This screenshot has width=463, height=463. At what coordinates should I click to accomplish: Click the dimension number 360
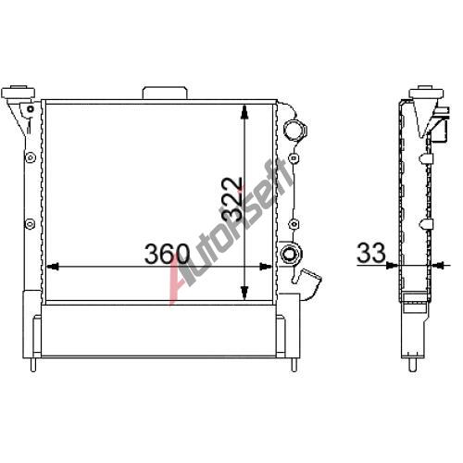pos(167,254)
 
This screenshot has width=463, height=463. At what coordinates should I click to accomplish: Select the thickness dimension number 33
pos(371,253)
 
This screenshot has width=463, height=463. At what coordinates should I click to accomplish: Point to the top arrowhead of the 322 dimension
pos(244,111)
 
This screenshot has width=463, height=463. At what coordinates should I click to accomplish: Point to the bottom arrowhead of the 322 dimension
pos(244,293)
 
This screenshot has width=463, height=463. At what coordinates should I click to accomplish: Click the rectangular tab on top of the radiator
pos(165,93)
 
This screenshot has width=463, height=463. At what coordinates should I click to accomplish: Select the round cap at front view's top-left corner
pos(18,92)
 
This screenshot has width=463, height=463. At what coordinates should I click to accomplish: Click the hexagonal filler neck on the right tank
pos(294,130)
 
